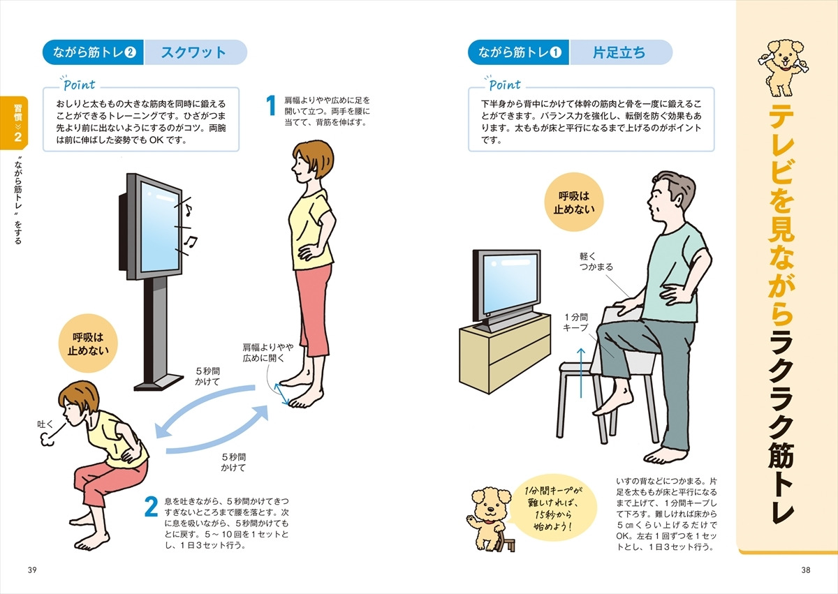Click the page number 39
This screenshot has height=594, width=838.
(32, 570)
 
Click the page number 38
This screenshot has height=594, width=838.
(806, 570)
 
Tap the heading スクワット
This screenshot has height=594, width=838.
(193, 53)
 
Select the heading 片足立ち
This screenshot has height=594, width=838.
(619, 53)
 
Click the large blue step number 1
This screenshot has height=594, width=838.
(271, 105)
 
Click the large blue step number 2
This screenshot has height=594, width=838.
(151, 507)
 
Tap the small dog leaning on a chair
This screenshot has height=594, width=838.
(490, 519)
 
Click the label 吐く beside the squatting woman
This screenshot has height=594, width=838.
(45, 424)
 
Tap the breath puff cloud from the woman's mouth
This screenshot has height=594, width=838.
(46, 440)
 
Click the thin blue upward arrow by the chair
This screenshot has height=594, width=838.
(580, 373)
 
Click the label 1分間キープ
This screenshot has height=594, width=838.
(575, 322)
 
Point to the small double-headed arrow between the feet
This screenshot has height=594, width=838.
(281, 394)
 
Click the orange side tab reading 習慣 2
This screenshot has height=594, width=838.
(15, 123)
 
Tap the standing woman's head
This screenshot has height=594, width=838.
(313, 161)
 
